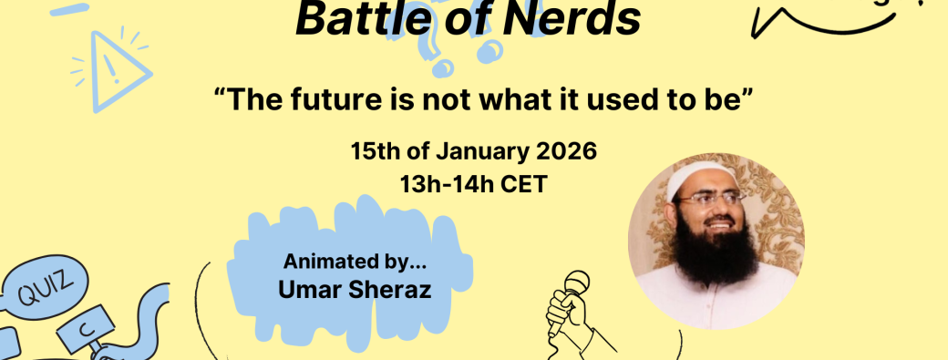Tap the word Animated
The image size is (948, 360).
tap(325, 262)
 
